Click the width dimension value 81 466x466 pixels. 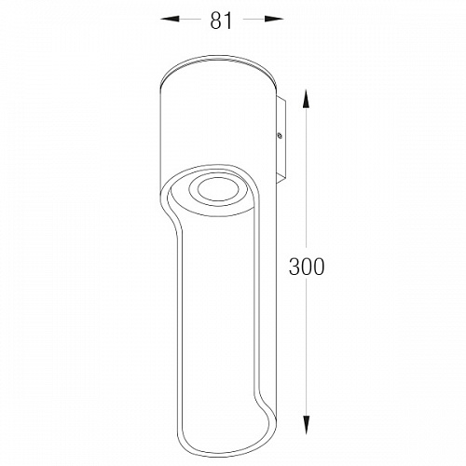pyautogui.click(x=221, y=21)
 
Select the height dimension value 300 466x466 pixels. pyautogui.click(x=307, y=267)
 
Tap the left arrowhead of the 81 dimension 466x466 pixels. pyautogui.click(x=170, y=19)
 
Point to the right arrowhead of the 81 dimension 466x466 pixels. pyautogui.click(x=274, y=19)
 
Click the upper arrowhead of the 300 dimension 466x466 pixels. pyautogui.click(x=307, y=99)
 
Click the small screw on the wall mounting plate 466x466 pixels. pyautogui.click(x=280, y=135)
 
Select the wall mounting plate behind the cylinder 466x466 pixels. pyautogui.click(x=281, y=140)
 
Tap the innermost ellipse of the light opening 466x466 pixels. pyautogui.click(x=217, y=189)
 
